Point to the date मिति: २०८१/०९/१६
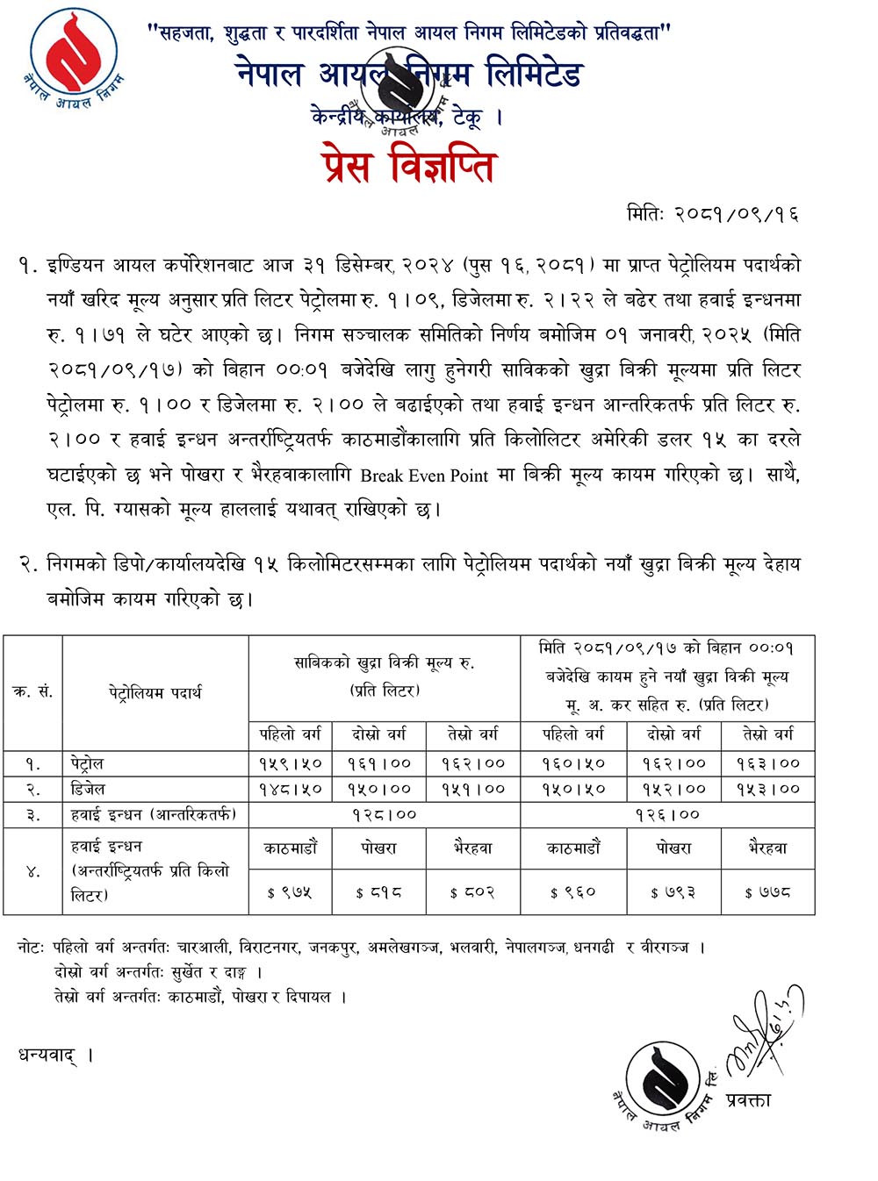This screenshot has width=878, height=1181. click(x=712, y=214)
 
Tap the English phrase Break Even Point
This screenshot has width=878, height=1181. click(x=424, y=476)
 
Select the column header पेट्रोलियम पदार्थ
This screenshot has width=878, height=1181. click(x=155, y=692)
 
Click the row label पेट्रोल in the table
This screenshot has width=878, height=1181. click(x=88, y=763)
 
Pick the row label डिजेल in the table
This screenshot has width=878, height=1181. click(x=88, y=789)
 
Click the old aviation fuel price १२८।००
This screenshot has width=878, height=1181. click(x=384, y=815)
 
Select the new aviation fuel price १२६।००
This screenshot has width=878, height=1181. click(x=667, y=815)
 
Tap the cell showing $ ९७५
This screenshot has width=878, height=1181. click(x=290, y=892)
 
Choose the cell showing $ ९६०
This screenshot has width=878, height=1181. click(x=572, y=892)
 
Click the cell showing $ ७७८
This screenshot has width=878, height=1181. click(x=767, y=892)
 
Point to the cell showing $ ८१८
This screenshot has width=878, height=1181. click(x=379, y=892)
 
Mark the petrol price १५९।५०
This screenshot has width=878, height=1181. click(x=291, y=763)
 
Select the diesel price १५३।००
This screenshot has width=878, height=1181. click(x=767, y=789)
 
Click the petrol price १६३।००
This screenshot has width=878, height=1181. click(x=767, y=763)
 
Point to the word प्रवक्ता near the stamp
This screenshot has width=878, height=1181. click(x=748, y=1100)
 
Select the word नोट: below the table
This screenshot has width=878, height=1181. click(x=32, y=948)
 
